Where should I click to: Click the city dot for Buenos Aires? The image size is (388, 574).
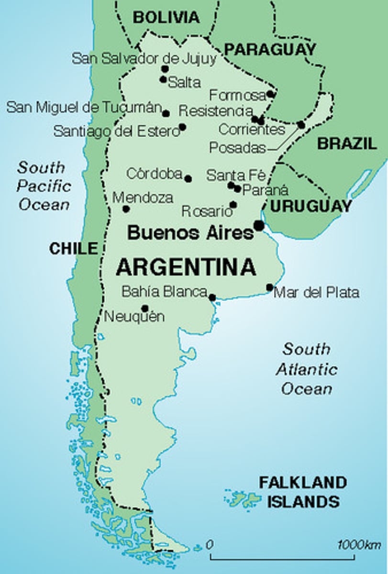(259, 225)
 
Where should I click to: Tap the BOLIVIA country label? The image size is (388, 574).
(166, 18)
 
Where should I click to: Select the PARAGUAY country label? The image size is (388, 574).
(270, 49)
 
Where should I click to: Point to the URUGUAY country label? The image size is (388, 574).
(310, 206)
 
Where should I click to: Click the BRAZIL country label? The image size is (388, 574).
(347, 143)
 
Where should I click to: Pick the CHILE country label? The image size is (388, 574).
(73, 248)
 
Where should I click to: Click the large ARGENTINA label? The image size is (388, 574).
(186, 267)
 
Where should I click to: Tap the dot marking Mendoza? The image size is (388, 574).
(126, 209)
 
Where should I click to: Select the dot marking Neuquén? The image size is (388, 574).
(144, 309)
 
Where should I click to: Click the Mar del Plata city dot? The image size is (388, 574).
(270, 287)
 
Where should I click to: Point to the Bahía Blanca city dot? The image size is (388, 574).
(212, 298)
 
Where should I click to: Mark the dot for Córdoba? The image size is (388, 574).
(188, 178)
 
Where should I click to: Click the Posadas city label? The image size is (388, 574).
(237, 148)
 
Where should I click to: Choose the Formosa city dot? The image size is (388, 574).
(270, 94)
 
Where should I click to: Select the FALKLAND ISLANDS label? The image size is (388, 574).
(302, 492)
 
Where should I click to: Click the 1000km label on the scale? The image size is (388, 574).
(359, 544)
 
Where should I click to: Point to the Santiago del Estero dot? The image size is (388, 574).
(182, 127)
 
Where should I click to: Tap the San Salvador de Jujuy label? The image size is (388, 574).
(144, 59)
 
